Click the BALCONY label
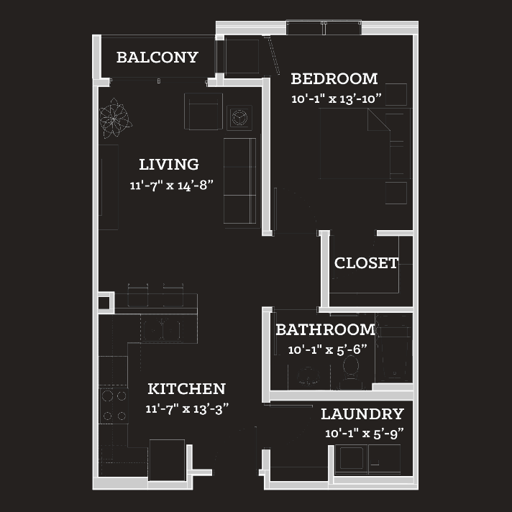click(157, 58)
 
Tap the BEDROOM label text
click(334, 78)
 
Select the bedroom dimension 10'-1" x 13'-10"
click(337, 99)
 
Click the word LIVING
click(169, 164)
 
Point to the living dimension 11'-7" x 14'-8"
click(171, 185)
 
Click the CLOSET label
click(366, 263)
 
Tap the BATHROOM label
click(326, 329)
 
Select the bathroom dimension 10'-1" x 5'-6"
click(327, 349)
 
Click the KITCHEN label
click(186, 388)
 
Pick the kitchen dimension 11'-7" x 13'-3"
click(187, 409)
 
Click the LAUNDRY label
click(362, 414)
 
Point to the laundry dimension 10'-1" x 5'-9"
click(365, 434)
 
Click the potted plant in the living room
click(115, 118)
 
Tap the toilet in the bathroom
click(351, 372)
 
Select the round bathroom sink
click(308, 375)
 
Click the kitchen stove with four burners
click(114, 406)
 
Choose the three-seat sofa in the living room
click(239, 181)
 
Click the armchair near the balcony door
click(204, 111)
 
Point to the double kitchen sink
click(163, 329)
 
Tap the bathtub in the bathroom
click(394, 347)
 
